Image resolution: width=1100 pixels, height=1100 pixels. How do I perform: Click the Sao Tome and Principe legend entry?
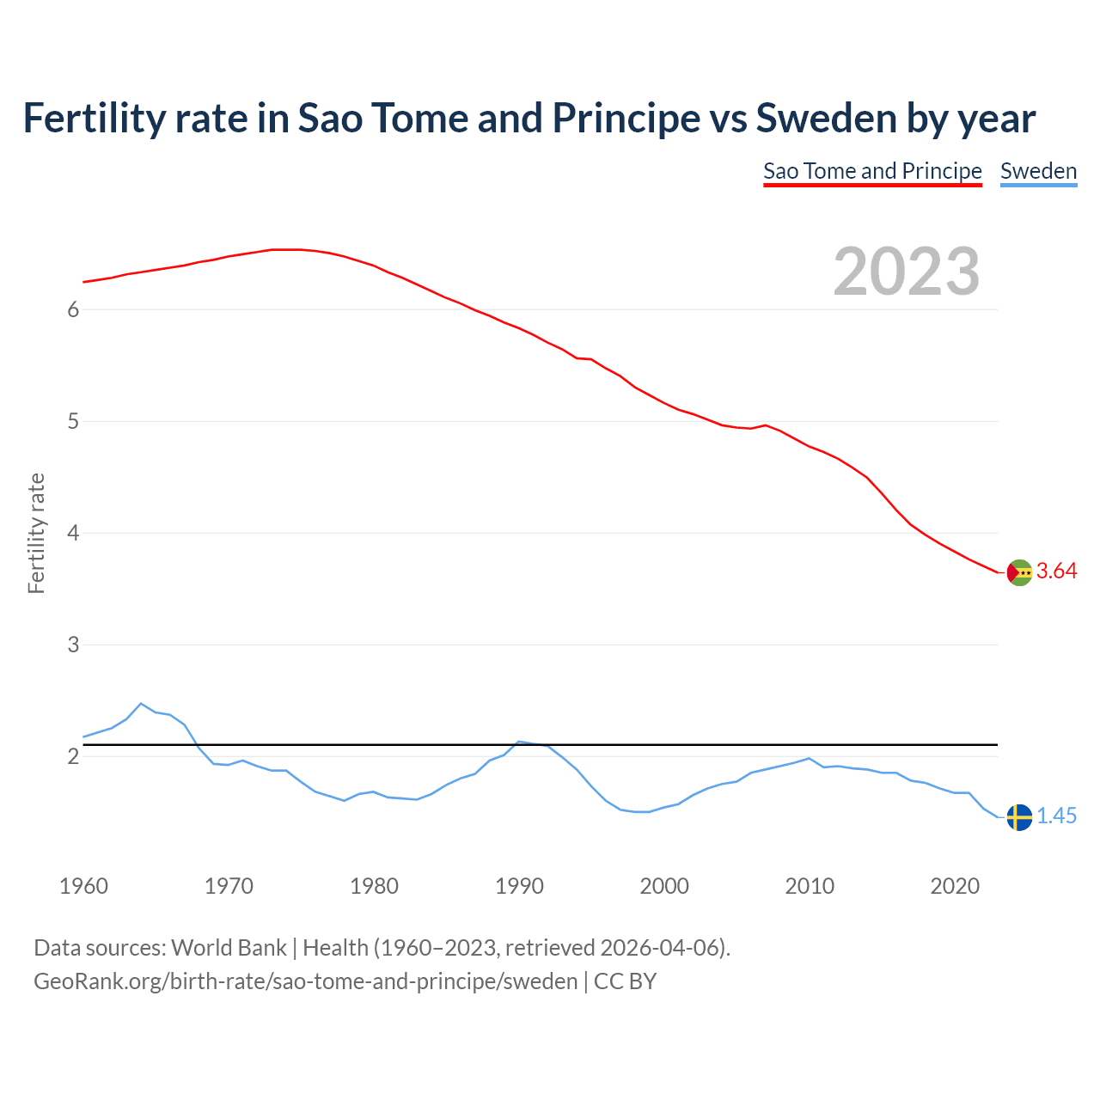click(872, 171)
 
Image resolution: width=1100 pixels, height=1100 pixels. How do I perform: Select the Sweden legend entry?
click(1038, 171)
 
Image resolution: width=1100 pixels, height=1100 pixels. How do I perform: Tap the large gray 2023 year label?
click(907, 272)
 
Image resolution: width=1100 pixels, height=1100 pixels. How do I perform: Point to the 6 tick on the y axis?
click(73, 310)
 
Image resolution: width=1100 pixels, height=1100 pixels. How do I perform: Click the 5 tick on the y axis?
click(73, 422)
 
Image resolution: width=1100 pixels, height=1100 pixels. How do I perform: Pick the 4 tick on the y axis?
click(73, 534)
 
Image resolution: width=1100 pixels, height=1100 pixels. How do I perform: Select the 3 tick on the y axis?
click(73, 645)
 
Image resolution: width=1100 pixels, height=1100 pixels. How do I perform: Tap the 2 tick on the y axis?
click(73, 757)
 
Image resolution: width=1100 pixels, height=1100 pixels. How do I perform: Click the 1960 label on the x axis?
click(83, 886)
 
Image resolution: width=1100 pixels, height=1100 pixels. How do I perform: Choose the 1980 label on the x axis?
click(374, 886)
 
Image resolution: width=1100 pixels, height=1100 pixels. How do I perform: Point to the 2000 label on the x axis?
click(664, 886)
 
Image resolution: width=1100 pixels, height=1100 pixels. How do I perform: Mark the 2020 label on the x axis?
click(955, 886)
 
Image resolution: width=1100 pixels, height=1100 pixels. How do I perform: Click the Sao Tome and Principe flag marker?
click(1019, 572)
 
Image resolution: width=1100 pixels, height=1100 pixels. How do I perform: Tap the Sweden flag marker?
click(1019, 817)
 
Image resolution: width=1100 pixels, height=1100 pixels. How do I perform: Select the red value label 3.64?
click(1056, 571)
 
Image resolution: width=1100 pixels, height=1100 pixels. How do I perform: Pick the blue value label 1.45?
click(1056, 816)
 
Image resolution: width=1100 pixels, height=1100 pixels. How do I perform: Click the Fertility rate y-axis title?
click(36, 533)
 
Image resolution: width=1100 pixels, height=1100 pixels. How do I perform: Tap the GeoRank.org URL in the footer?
click(305, 981)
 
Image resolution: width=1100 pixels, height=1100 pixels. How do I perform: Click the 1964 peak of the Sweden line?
click(141, 703)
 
